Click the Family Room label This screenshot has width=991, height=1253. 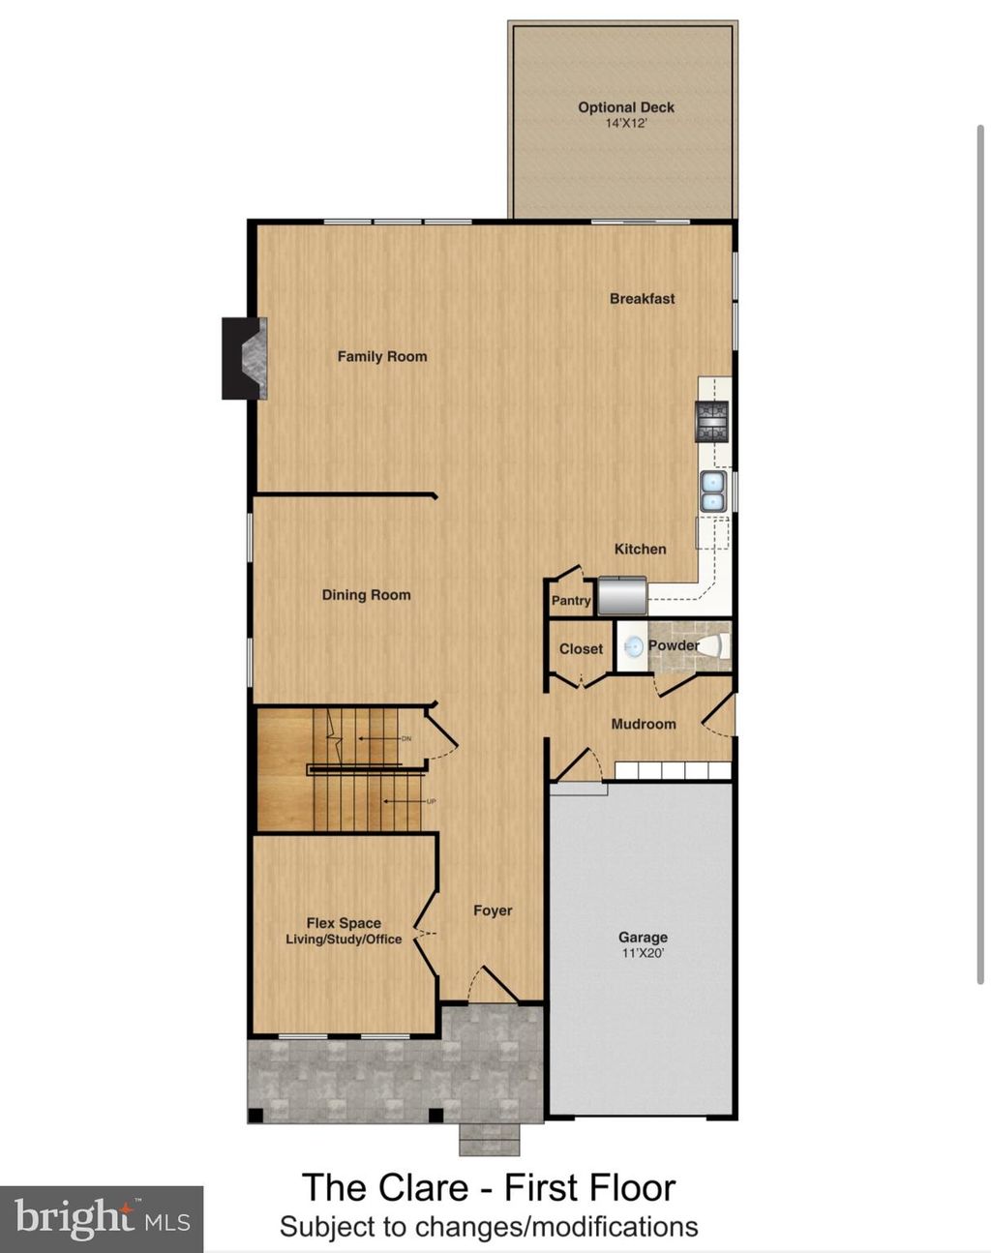[x=381, y=356]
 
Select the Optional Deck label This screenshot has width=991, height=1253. [x=625, y=107]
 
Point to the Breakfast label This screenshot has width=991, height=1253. [x=642, y=299]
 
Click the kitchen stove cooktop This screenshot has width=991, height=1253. [x=711, y=421]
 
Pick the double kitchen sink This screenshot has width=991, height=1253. [x=713, y=491]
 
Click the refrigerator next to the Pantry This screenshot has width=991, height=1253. [x=621, y=596]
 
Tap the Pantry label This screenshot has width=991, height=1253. [x=571, y=601]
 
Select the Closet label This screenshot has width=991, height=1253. [x=581, y=649]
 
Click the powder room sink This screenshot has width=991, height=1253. [x=633, y=647]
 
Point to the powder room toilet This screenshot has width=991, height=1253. [x=711, y=647]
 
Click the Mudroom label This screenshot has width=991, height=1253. [x=644, y=724]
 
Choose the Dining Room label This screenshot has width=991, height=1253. [x=366, y=595]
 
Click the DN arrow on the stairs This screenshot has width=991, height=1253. [x=383, y=738]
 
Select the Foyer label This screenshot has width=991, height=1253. [x=493, y=910]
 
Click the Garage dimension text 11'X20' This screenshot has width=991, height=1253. [x=643, y=953]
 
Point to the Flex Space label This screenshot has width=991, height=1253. [x=344, y=923]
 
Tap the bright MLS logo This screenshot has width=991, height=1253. [x=102, y=1217]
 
